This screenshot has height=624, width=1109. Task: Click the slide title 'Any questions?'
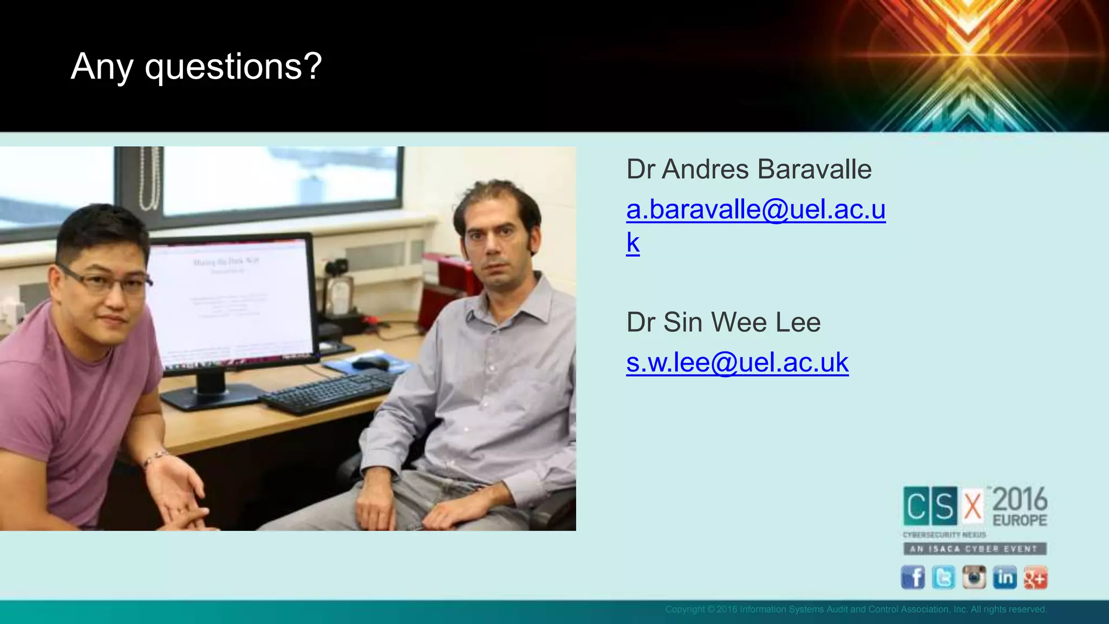pyautogui.click(x=196, y=67)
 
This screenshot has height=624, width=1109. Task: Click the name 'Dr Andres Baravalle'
pyautogui.click(x=748, y=169)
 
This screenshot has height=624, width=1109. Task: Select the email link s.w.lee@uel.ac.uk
pyautogui.click(x=737, y=362)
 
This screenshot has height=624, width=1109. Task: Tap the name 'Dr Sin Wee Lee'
pyautogui.click(x=723, y=322)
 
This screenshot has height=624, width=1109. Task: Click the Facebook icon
pyautogui.click(x=912, y=577)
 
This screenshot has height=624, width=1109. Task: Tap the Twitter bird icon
pyautogui.click(x=943, y=577)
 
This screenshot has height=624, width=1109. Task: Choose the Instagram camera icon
pyautogui.click(x=974, y=577)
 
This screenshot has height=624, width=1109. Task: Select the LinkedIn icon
pyautogui.click(x=1004, y=577)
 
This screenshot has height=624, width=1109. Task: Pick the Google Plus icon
pyautogui.click(x=1035, y=577)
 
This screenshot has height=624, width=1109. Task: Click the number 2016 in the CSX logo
pyautogui.click(x=1020, y=499)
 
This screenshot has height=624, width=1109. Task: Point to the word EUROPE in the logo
pyautogui.click(x=1020, y=521)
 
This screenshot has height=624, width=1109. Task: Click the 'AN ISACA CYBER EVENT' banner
pyautogui.click(x=974, y=549)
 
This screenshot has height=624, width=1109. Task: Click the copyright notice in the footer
pyautogui.click(x=856, y=609)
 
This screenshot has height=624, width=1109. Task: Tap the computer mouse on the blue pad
pyautogui.click(x=370, y=362)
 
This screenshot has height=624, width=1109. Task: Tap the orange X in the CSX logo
pyautogui.click(x=973, y=506)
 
